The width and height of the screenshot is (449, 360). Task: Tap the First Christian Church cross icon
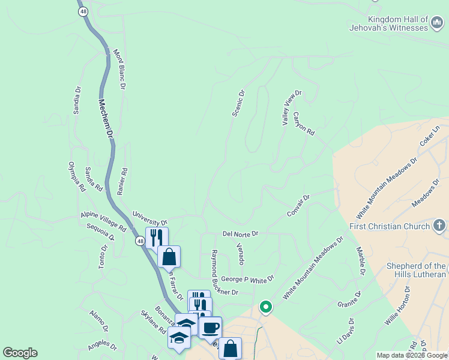point(439,226)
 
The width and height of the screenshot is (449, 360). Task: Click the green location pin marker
point(265,307)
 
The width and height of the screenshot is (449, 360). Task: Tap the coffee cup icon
point(210,328)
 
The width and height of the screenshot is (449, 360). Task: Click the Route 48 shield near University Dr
point(139,241)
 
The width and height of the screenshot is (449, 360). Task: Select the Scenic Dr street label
point(238,103)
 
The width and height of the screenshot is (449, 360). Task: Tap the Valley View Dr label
point(291,109)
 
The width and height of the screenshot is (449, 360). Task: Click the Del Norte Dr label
point(240,233)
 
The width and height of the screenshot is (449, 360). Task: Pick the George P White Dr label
point(247,279)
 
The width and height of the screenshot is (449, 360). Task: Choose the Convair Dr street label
point(298,206)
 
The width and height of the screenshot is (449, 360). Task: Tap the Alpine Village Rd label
point(103,222)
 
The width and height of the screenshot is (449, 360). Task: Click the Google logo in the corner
point(20,353)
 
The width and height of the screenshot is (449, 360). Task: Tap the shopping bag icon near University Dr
point(169,257)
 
